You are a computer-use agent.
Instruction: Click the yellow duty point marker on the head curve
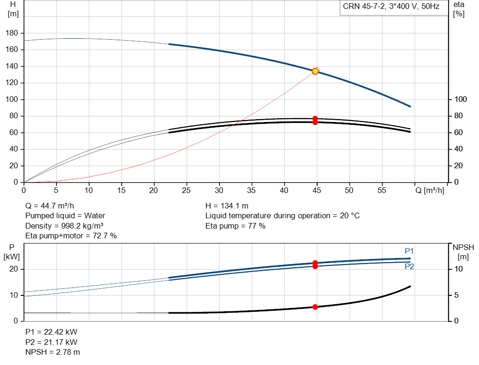pyautogui.click(x=315, y=72)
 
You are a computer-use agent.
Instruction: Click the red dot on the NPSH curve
pyautogui.click(x=315, y=307)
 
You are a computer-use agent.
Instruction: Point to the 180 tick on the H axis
pyautogui.click(x=12, y=33)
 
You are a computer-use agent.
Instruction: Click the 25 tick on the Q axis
pyautogui.click(x=186, y=190)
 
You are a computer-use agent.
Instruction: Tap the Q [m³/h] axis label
pyautogui.click(x=429, y=190)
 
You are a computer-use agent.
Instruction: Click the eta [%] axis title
pyautogui.click(x=458, y=9)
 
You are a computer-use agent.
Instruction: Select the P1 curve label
pyautogui.click(x=409, y=251)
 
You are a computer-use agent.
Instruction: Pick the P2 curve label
pyautogui.click(x=409, y=266)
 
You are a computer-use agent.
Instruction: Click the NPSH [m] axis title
pyautogui.click(x=463, y=252)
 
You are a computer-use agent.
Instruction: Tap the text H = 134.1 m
pyautogui.click(x=227, y=206)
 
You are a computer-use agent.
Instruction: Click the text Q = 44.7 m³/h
pyautogui.click(x=50, y=206)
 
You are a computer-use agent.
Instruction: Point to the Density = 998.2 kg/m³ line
pyautogui.click(x=64, y=226)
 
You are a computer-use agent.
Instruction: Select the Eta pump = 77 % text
pyautogui.click(x=235, y=226)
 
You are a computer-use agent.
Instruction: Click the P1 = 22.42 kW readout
pyautogui.click(x=51, y=332)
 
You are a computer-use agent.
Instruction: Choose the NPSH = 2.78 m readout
pyautogui.click(x=52, y=352)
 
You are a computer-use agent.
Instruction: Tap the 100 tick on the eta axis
pyautogui.click(x=460, y=99)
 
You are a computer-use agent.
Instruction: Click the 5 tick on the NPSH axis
pyautogui.click(x=457, y=295)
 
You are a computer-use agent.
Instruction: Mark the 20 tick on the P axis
pyautogui.click(x=14, y=269)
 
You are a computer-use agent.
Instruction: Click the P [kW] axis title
pyautogui.click(x=12, y=252)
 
